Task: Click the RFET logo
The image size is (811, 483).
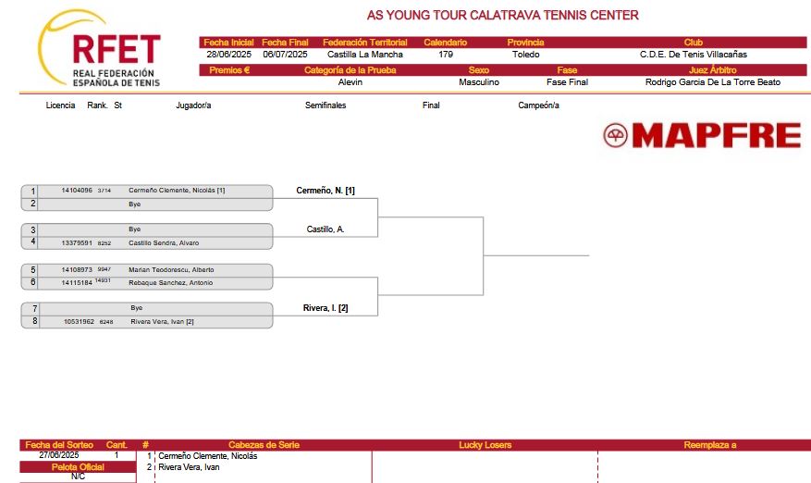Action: pos(99,49)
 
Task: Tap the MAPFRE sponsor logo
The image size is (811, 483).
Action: pos(702,136)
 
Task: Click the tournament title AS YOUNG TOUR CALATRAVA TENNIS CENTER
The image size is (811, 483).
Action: pos(503,15)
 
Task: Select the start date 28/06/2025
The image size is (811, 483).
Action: pos(228,55)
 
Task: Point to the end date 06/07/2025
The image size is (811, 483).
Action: pos(285,55)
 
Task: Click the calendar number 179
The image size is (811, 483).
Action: pos(446,55)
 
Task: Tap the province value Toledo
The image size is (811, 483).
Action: pos(525,55)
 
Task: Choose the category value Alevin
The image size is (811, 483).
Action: pos(350,81)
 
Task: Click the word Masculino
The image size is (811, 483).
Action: pos(479,81)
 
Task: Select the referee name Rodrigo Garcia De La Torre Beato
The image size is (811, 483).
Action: pos(713,81)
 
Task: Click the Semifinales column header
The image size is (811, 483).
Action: pos(326,105)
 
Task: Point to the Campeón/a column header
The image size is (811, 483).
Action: pos(538,105)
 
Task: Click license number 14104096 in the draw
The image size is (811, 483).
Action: pos(77,191)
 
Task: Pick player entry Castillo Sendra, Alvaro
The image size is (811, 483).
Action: pos(164,242)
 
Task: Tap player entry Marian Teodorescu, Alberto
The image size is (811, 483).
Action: pos(171,269)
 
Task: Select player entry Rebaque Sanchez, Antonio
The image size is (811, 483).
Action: pos(171,282)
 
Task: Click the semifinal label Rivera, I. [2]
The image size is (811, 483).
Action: pos(326,308)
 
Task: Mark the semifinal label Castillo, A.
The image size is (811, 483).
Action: pos(326,229)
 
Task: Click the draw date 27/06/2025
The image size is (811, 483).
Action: pos(59,455)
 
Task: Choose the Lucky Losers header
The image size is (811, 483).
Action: pos(485,445)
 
